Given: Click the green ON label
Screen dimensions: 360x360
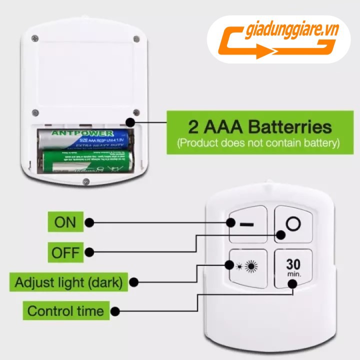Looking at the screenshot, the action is click(x=65, y=222).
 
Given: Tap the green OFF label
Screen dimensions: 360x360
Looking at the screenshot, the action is click(x=65, y=252).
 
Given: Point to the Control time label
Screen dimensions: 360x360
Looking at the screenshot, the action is click(x=65, y=311).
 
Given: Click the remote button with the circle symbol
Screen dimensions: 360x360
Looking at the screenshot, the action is click(x=294, y=223).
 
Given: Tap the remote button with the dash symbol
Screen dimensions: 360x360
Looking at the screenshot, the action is click(x=246, y=223).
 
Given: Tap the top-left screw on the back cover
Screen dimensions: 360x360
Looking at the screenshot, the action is click(x=34, y=38).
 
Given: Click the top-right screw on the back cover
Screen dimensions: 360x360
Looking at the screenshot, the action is click(x=136, y=38).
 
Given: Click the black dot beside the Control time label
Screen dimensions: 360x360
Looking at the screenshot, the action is click(x=115, y=311).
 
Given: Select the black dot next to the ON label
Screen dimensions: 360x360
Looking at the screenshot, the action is click(x=90, y=222).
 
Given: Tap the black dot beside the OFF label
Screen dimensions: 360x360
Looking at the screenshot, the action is click(x=90, y=252).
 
